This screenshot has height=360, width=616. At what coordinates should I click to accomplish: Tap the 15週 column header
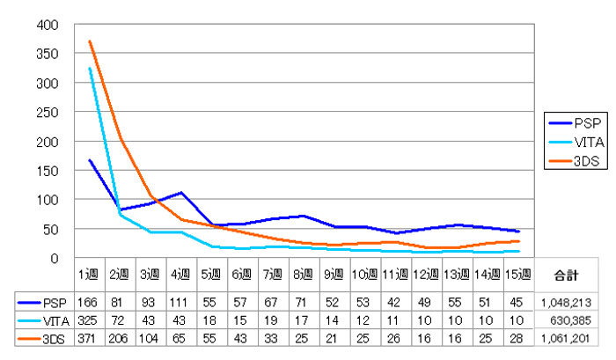(519, 274)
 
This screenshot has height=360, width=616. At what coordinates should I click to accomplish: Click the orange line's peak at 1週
(90, 40)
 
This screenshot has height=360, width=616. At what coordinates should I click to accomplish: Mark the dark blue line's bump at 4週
(181, 193)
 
